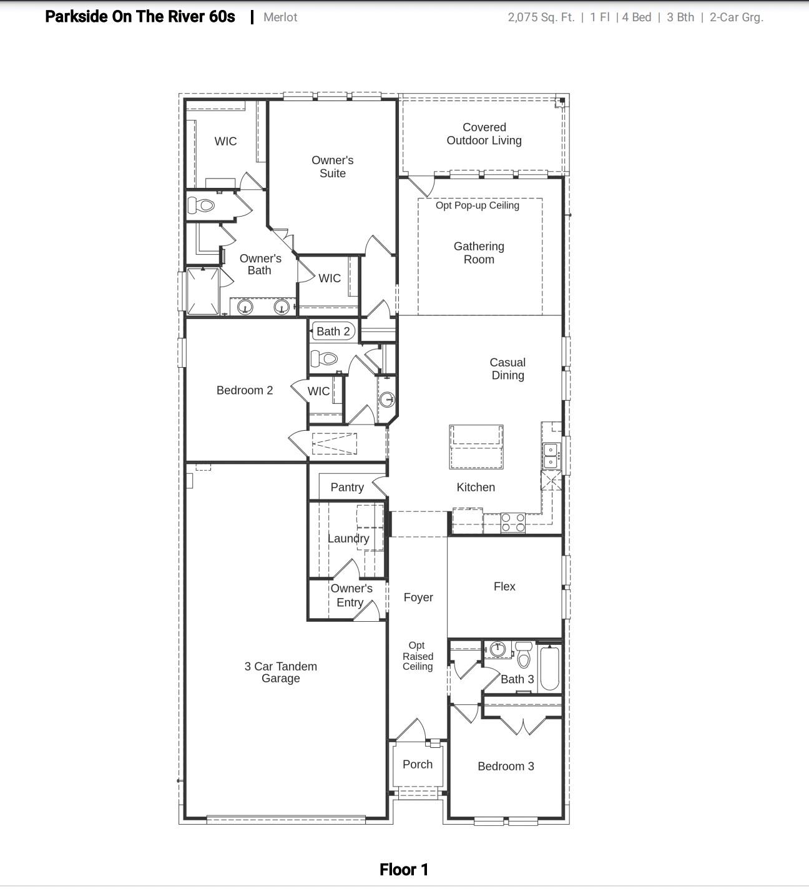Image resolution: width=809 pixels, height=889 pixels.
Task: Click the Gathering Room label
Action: tap(479, 253)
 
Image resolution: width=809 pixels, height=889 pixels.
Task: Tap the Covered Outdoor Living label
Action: tap(484, 134)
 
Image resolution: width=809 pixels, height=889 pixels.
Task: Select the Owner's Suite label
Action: tap(332, 167)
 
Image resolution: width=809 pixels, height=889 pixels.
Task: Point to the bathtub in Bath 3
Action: tap(549, 669)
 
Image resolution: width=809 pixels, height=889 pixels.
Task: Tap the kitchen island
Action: tap(476, 446)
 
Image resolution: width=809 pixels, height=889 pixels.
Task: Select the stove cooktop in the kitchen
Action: tap(513, 523)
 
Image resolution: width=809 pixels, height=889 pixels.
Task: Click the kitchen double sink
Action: tap(551, 456)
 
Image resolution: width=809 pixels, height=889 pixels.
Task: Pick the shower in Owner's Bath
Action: tap(203, 292)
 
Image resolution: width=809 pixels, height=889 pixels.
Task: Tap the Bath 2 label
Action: tap(333, 331)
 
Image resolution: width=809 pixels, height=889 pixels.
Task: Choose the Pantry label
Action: tap(347, 487)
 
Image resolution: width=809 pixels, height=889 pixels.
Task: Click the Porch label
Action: tap(418, 764)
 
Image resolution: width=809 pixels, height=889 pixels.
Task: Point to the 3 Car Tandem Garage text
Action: tap(280, 672)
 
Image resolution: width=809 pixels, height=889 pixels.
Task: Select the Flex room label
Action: tap(504, 586)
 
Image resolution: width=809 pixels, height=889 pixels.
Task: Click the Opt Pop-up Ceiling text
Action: tap(478, 205)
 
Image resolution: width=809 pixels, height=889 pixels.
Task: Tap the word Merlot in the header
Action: tap(280, 17)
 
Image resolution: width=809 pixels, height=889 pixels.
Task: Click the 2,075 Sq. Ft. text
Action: tap(541, 17)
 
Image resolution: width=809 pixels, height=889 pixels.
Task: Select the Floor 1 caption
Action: tap(404, 870)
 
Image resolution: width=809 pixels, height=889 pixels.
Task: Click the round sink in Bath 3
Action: tap(498, 649)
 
